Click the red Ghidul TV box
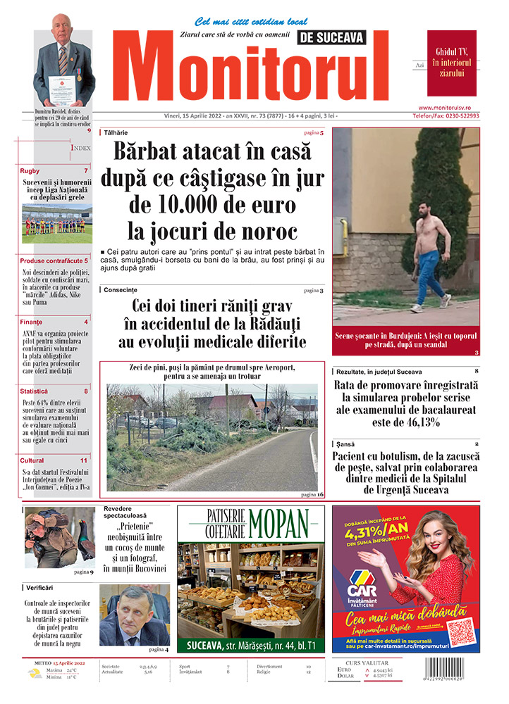[451, 63]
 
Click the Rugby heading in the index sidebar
[30, 171]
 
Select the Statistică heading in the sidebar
[35, 391]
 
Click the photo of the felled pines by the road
[211, 436]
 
